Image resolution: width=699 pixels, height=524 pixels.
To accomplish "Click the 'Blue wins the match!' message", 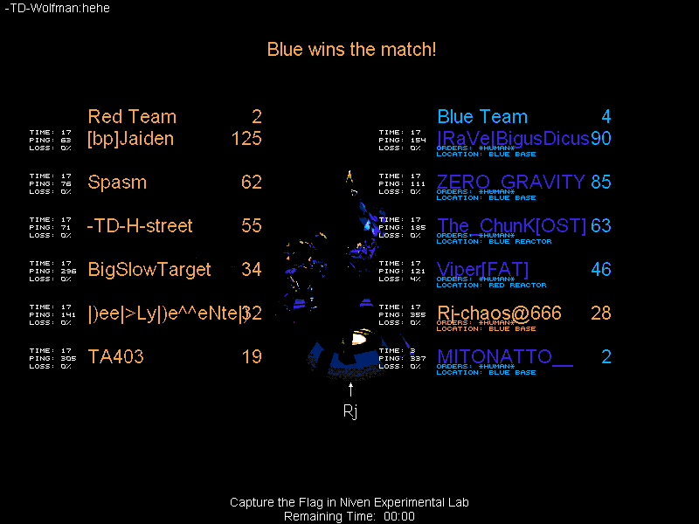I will pos(351,49).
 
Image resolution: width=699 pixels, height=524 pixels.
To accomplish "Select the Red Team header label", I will pos(132,117).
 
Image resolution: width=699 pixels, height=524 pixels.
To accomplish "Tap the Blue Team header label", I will pos(482,117).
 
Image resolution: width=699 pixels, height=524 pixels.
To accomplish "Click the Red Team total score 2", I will pos(257,117).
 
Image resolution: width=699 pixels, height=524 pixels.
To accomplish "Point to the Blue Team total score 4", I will pos(606,117).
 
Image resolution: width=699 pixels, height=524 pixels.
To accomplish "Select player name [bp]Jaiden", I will pos(131,139).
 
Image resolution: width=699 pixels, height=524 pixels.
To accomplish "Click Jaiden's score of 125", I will pos(246,139).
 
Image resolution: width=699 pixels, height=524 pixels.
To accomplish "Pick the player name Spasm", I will pos(117,183).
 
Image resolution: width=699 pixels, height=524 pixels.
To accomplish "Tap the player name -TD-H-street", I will pos(140,226).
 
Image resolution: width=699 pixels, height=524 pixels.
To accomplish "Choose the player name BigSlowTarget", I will pos(149,270).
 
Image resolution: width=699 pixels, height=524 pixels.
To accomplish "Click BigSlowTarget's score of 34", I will pos(252,270).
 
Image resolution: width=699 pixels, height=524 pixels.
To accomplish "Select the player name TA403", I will pos(116,357).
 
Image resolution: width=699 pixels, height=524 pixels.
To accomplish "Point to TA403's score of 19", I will pos(252,357).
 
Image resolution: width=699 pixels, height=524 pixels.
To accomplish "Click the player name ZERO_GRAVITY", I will pos(511,183).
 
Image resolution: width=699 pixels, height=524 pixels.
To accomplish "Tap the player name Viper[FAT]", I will pos(482,270).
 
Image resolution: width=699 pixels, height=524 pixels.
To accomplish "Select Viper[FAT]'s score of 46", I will pos(601,270).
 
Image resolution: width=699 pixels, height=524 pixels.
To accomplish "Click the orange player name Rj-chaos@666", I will pos(499,314).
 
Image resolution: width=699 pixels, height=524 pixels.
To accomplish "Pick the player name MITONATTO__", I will pos(504,357).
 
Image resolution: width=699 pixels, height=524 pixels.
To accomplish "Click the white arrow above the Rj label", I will pos(350,390).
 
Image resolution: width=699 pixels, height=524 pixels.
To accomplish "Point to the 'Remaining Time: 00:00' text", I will pos(349,516).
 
